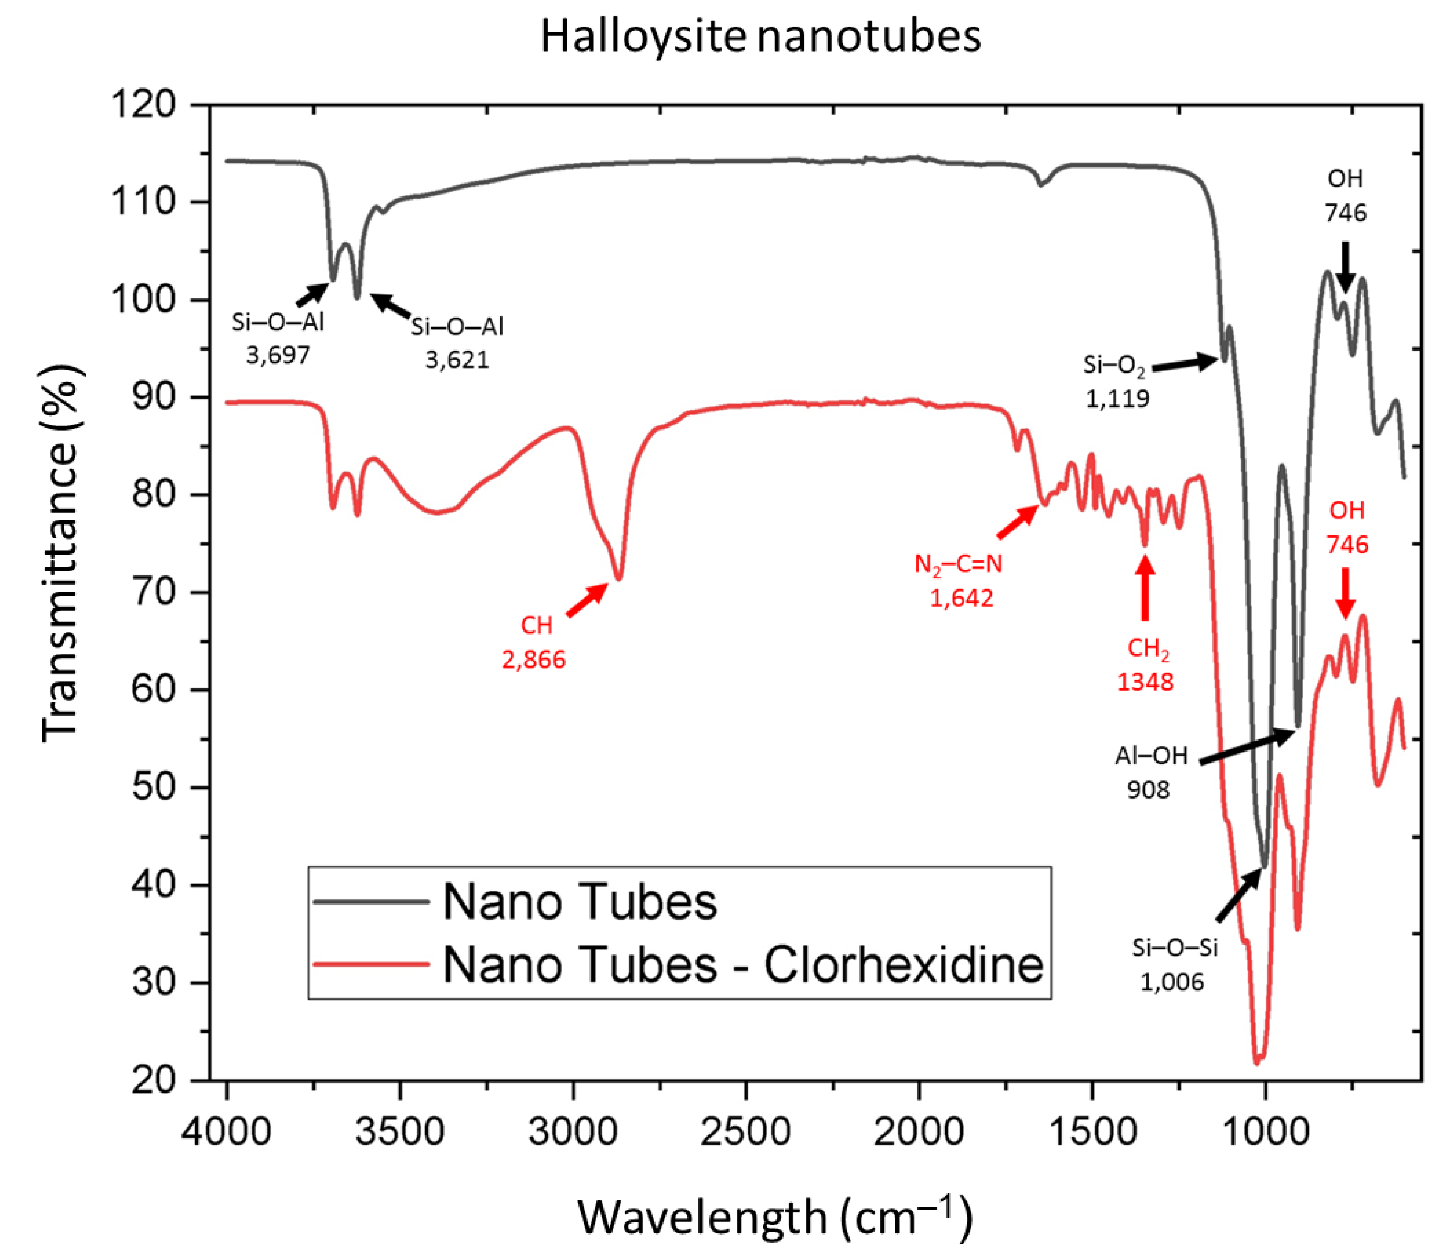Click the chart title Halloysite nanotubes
[760, 36]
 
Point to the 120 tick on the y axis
[144, 105]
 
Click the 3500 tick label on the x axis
[400, 1132]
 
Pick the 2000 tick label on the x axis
[919, 1132]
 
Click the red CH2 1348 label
[1146, 665]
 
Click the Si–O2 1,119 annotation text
[1116, 382]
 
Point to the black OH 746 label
[1345, 196]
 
